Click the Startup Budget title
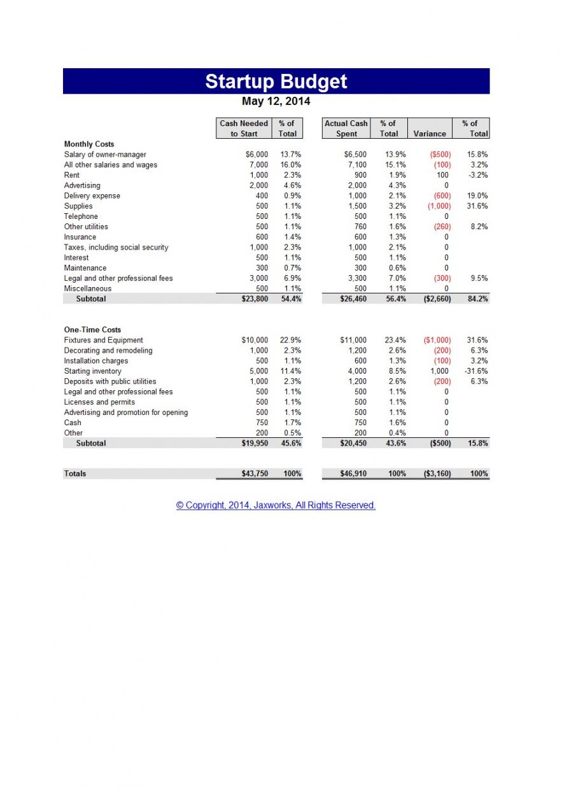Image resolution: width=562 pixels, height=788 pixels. point(276,81)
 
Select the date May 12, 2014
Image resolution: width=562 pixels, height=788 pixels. point(276,101)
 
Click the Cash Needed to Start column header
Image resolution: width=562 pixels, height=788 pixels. point(244,129)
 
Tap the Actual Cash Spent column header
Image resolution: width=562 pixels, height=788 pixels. point(346,129)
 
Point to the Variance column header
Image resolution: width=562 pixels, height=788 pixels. point(430,134)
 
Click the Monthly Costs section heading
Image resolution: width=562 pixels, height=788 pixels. point(89,144)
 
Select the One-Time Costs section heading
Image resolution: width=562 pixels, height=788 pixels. point(92,330)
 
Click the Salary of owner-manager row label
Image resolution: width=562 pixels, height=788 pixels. point(105,155)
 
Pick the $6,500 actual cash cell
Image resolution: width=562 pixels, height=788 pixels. point(355,155)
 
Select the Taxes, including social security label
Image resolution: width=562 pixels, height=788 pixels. point(116,248)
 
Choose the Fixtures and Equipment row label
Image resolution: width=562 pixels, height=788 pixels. point(104,341)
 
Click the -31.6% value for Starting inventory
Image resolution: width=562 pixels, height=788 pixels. point(476,371)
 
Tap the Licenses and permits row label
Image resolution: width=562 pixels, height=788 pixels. point(99,402)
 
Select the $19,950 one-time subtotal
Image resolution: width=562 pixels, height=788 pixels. point(254,443)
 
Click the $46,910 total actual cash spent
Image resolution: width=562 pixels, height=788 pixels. point(353,474)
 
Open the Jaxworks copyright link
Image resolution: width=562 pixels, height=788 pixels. point(276,505)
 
